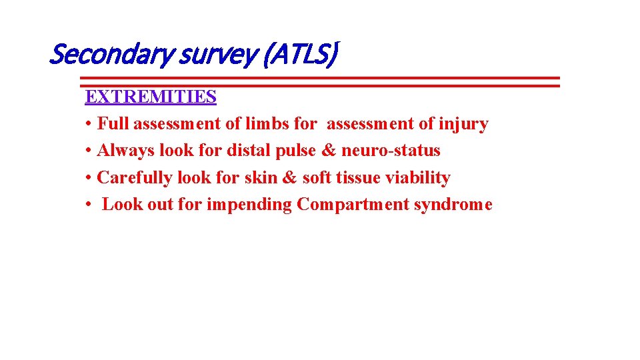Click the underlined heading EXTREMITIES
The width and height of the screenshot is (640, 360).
coord(151,97)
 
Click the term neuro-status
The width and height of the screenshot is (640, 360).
coord(391,151)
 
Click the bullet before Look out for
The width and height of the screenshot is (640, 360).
coord(89,205)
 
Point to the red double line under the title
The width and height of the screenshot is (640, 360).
coord(320,81)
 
